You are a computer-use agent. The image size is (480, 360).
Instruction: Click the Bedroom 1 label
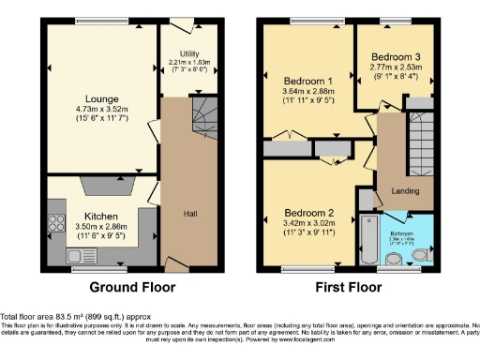point(309,82)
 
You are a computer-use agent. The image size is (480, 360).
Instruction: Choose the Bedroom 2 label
point(309,211)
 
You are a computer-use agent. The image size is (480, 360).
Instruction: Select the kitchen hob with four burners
point(52,225)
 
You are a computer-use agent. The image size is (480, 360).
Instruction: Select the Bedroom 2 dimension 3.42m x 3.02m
point(309,223)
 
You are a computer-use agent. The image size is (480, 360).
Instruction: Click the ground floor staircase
point(201,120)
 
